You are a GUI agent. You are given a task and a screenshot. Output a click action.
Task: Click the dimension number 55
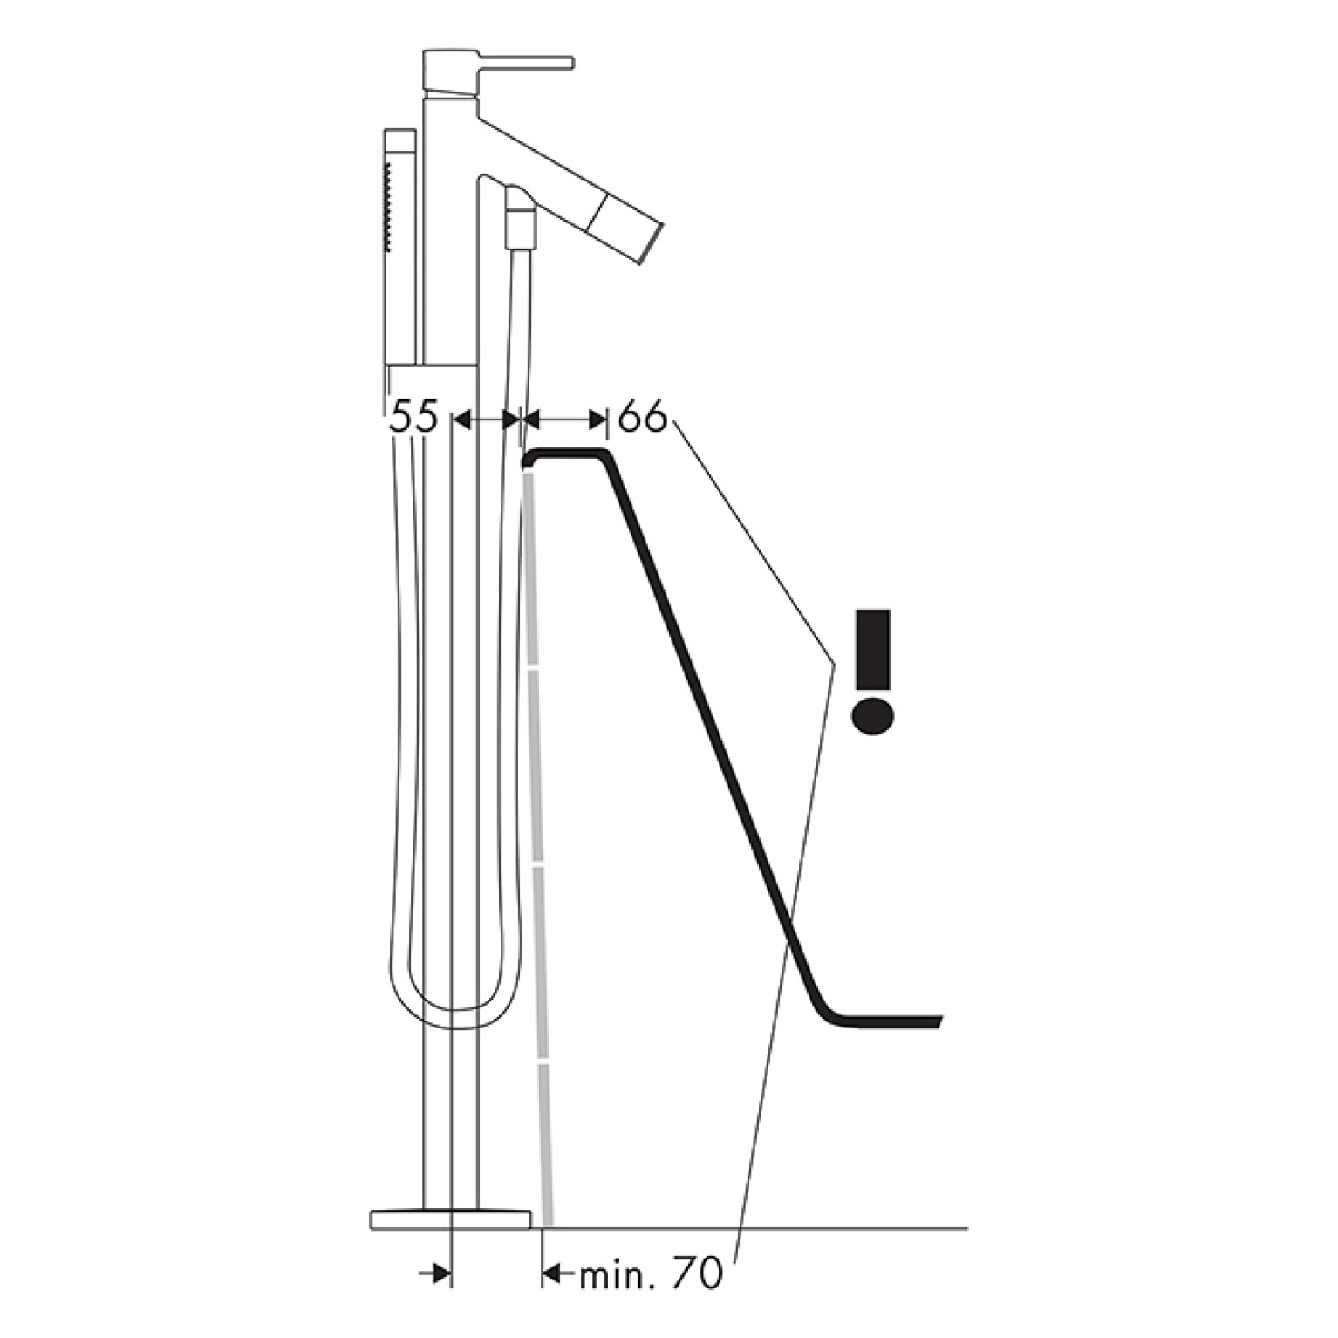coord(413,418)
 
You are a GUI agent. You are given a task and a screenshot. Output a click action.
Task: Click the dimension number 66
coord(642,418)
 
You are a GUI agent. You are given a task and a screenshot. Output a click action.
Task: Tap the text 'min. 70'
coord(651,1275)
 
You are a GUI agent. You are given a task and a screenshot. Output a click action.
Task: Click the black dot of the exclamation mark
coord(873,714)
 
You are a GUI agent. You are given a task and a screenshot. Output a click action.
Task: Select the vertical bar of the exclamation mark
coord(874,648)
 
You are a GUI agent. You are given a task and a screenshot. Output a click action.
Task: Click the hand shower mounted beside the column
coord(400,249)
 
